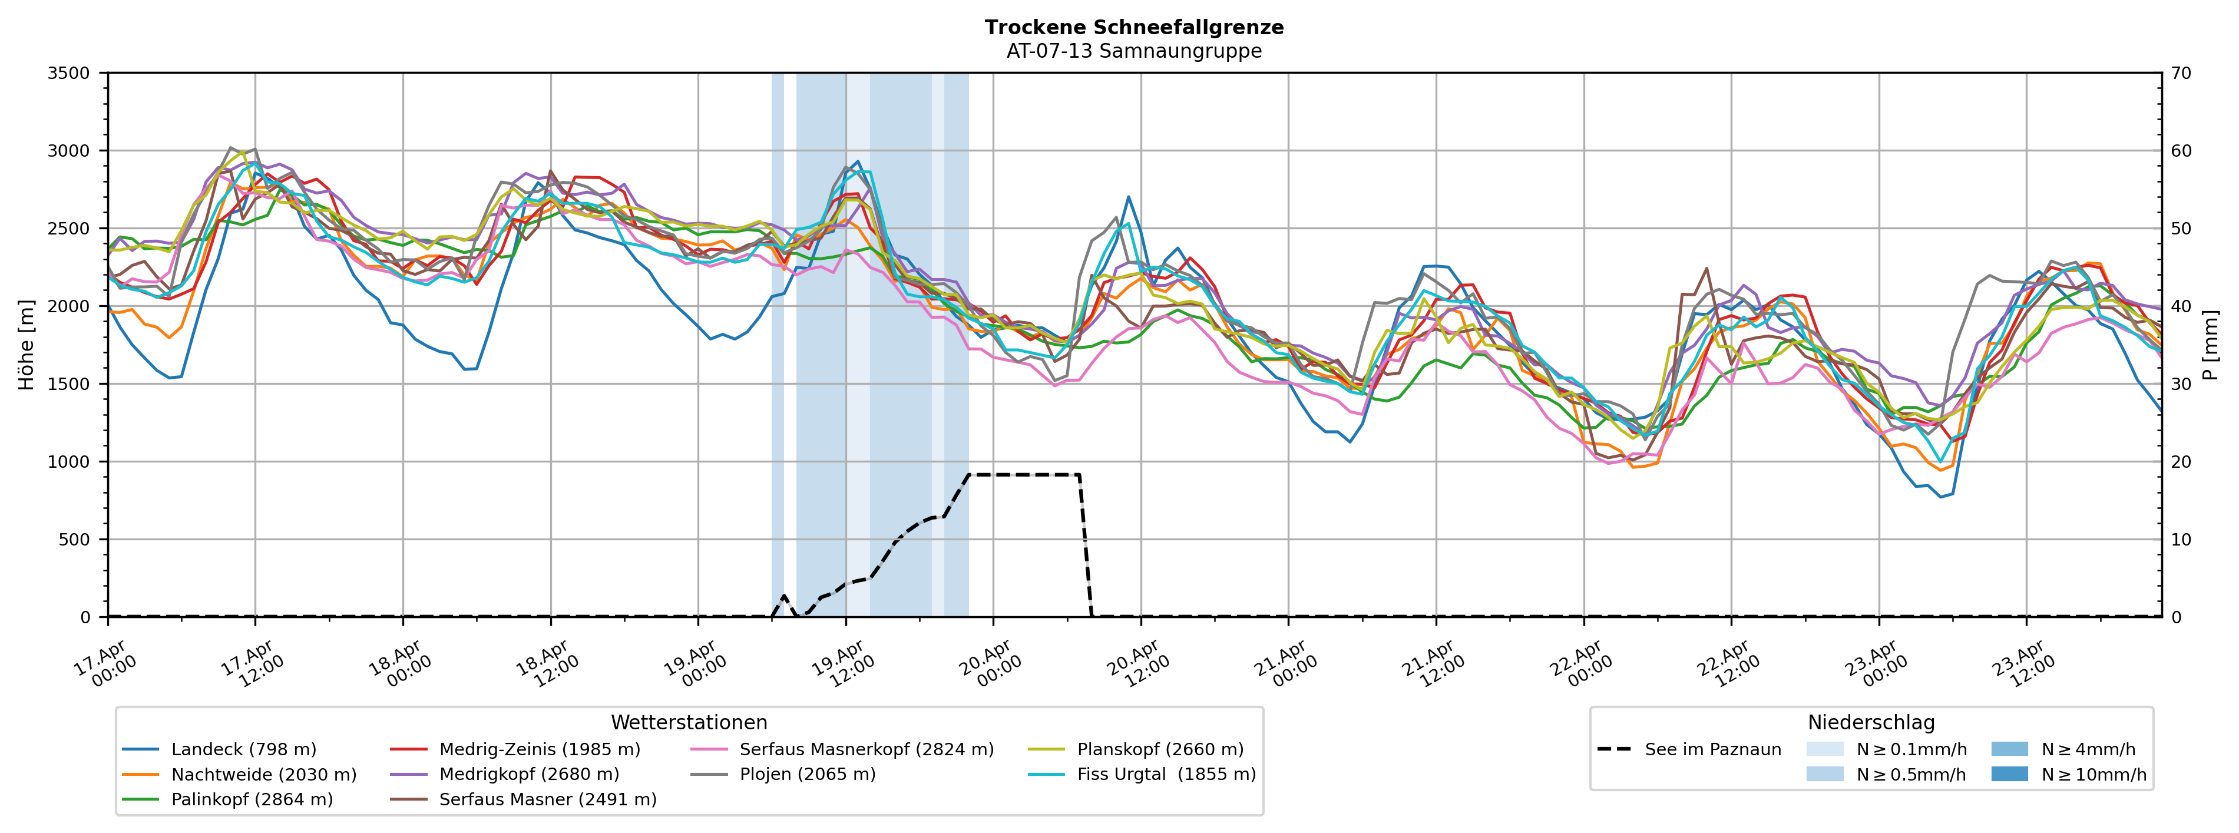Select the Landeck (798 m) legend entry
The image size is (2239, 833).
[243, 749]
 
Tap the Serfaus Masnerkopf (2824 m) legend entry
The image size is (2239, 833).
[866, 749]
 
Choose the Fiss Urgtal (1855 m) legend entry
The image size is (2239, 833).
[1166, 775]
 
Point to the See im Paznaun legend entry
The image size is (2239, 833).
[1712, 749]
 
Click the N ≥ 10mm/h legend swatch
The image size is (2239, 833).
[2009, 774]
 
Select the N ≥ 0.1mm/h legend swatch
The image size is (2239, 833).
[1824, 749]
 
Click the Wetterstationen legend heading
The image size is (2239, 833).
[689, 723]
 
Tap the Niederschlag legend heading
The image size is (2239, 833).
[1870, 723]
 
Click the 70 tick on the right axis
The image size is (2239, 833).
[2181, 73]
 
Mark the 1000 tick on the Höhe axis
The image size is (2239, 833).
[69, 462]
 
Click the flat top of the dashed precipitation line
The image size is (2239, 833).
[1024, 475]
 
